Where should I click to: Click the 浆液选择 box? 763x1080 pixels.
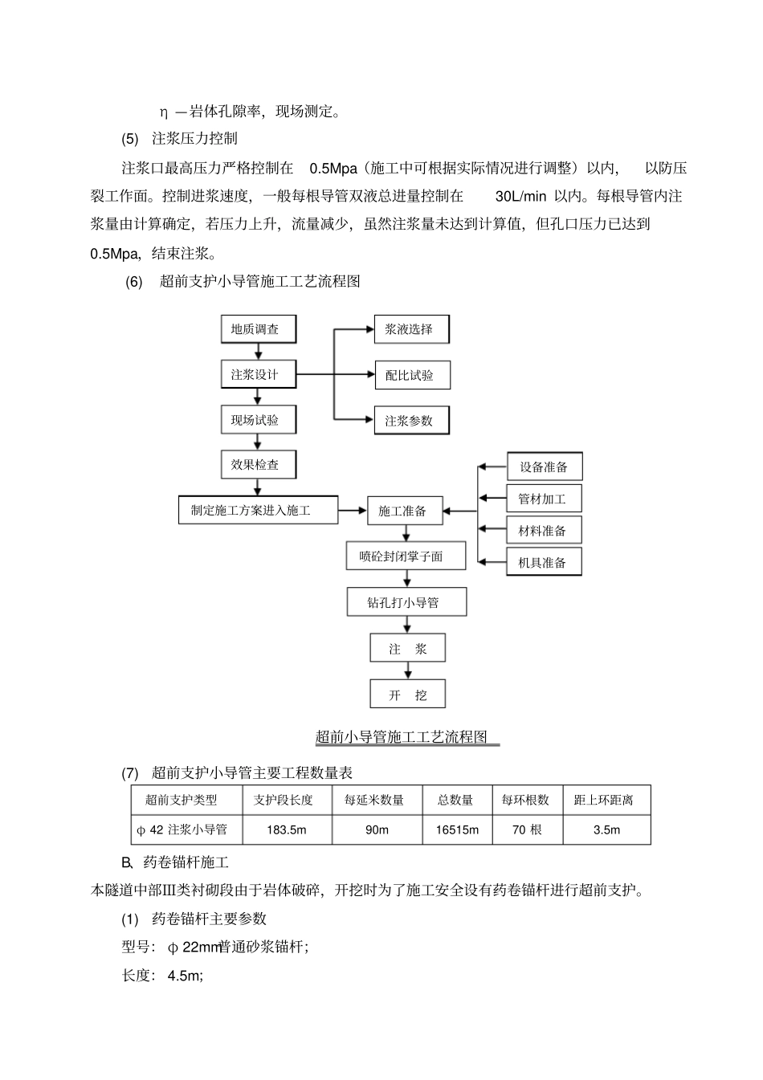pos(411,329)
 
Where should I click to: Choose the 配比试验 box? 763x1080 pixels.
pos(411,375)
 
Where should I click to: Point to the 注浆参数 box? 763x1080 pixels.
pos(411,421)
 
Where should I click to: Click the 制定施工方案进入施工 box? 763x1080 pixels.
pos(257,510)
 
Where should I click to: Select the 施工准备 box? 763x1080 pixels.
pos(405,511)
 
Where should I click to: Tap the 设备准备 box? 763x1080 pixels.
pos(544,467)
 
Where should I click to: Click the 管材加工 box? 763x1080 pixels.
pos(544,499)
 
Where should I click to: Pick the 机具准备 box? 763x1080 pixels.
pos(544,562)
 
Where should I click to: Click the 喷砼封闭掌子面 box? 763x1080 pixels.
pos(406,556)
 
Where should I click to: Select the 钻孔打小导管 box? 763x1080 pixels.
pos(406,602)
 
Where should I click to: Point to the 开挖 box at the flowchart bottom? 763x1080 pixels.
pos(407,695)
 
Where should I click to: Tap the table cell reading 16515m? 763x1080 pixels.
pos(457,829)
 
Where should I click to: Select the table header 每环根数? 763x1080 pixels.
pos(526,800)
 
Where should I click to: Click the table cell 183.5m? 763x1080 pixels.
pos(287,829)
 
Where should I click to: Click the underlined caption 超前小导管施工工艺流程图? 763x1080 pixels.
pos(402,737)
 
